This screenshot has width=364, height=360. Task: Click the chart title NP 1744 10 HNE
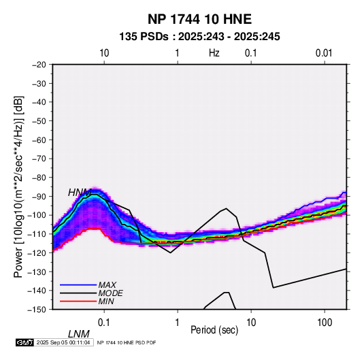click(199, 19)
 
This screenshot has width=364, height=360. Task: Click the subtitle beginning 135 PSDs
click(199, 37)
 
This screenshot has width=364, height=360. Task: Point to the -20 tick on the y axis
click(39, 65)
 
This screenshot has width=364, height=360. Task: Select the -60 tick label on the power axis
click(39, 140)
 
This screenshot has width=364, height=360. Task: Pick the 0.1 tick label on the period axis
click(104, 323)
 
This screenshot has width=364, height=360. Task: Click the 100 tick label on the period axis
click(325, 323)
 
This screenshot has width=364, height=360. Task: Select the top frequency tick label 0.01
click(324, 53)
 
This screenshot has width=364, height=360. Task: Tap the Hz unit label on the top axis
click(214, 53)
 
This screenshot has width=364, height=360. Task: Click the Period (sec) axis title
click(214, 330)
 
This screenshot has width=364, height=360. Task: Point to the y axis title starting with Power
click(18, 186)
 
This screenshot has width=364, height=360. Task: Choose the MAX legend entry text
click(107, 285)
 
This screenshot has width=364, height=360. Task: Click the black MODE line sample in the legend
click(78, 293)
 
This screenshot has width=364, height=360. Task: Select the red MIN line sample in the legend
click(78, 301)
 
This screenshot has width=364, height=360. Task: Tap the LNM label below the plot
click(79, 334)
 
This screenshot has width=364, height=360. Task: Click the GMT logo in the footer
click(24, 342)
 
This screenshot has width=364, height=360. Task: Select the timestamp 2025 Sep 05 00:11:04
click(63, 342)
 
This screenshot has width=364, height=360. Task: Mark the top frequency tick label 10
click(104, 53)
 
